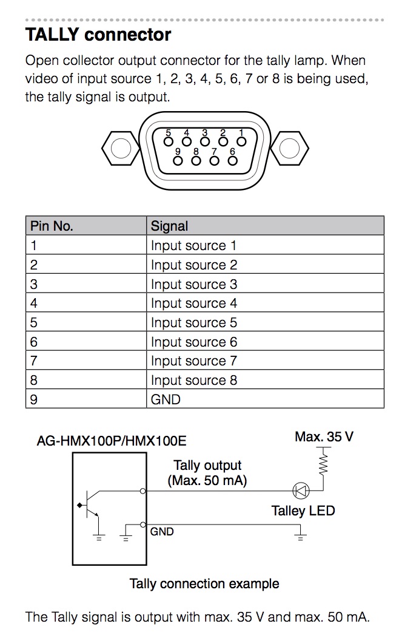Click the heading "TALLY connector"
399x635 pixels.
coord(98,35)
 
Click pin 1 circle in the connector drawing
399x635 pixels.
coord(241,141)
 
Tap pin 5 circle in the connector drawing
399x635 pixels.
coord(169,141)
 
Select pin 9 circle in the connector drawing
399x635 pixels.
coord(178,161)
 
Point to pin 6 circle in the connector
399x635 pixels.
coord(233,161)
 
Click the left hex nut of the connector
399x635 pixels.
coord(121,148)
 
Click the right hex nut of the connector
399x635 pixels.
coord(290,148)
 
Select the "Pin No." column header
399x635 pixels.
coord(52,226)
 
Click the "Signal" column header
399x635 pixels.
coord(169,226)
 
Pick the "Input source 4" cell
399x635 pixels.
coord(194,303)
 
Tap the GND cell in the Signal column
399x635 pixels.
coord(166,399)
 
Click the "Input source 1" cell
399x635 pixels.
coord(193,245)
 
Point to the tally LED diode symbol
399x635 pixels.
coord(301,491)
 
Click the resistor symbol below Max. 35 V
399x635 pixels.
coord(323,463)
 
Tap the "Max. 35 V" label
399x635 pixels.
coord(324,436)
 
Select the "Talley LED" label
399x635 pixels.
coord(303,511)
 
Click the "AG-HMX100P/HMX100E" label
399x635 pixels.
coord(112,441)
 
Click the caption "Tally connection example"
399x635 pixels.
coord(204,583)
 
